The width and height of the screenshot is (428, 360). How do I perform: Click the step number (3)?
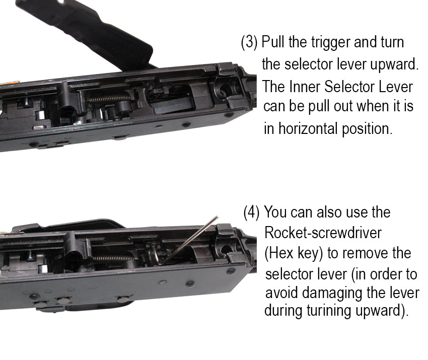[x=249, y=43]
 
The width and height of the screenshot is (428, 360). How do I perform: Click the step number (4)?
[x=251, y=212]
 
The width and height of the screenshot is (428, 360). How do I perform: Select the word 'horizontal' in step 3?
[x=308, y=128]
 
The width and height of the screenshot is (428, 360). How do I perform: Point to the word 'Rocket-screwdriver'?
[x=323, y=233]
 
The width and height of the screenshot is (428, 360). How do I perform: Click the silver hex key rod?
[x=188, y=240]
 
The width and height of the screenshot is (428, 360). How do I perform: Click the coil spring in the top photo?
[x=109, y=98]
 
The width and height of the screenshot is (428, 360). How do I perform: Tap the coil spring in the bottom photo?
[x=113, y=258]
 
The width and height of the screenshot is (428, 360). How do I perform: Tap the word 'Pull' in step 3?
[x=273, y=42]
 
